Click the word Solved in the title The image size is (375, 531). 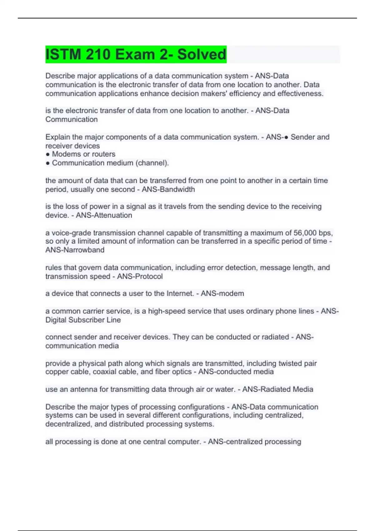tap(202, 54)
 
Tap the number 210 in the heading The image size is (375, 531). tap(98, 54)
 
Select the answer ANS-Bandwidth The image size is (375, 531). tap(168, 189)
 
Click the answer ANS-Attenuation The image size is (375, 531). tap(104, 215)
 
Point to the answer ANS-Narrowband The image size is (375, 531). tap(75, 250)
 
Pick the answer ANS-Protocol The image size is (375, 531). tap(140, 276)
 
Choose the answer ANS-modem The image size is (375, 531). tap(222, 293)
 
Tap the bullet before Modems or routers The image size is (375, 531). tap(48, 154)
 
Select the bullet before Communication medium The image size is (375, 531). tap(48, 163)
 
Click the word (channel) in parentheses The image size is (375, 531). tap(152, 163)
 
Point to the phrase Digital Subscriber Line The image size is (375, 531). tap(83, 320)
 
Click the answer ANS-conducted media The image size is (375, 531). tap(236, 372)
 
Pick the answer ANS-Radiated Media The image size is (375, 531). tap(277, 389)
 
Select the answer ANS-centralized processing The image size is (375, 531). tap(254, 442)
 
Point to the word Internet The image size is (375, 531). tap(180, 293)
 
